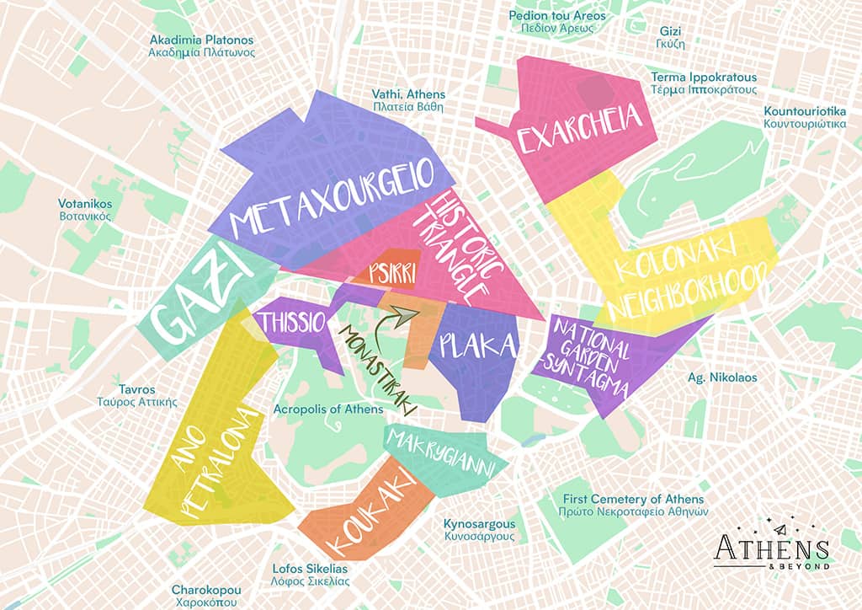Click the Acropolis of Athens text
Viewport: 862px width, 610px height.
328,409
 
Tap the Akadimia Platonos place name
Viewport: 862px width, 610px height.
202,45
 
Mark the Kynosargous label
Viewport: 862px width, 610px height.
479,530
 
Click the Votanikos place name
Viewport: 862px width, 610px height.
85,210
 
